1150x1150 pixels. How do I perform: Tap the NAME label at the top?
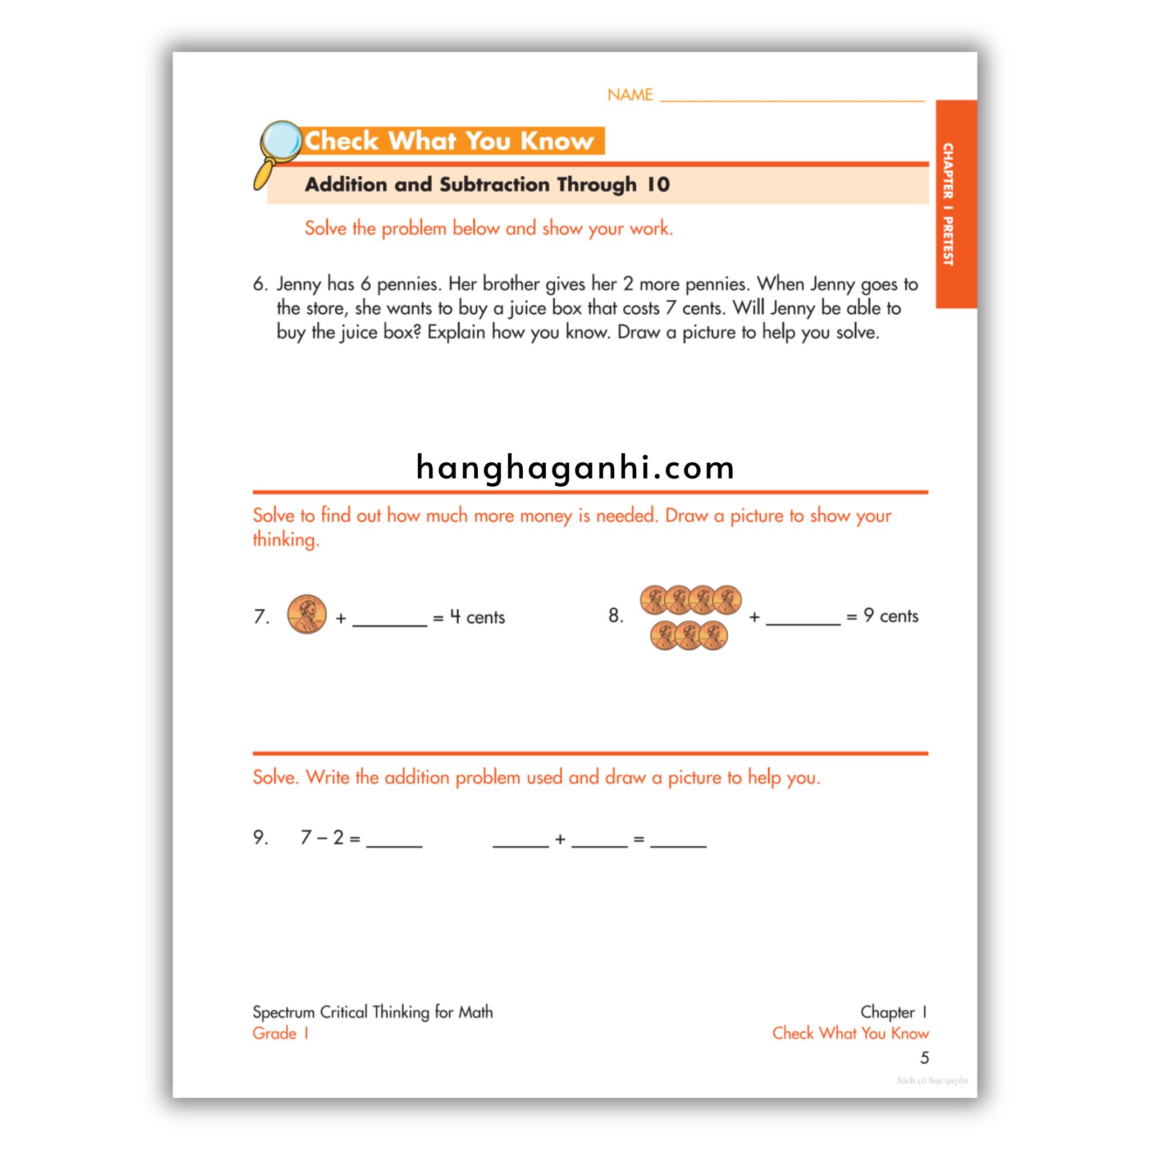click(x=630, y=95)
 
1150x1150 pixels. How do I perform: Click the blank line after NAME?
click(x=792, y=97)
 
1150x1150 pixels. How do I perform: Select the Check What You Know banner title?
click(x=449, y=141)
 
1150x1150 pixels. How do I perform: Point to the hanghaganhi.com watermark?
click(x=575, y=467)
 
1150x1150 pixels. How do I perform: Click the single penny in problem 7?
click(x=307, y=614)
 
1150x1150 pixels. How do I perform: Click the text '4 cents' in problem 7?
click(x=477, y=617)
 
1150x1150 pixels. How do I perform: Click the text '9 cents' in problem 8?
click(x=891, y=615)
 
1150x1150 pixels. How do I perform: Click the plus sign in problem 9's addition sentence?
click(x=559, y=839)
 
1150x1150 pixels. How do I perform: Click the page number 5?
click(x=924, y=1058)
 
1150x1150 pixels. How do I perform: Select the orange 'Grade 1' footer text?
click(x=280, y=1033)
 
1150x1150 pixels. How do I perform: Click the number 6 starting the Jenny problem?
click(x=259, y=284)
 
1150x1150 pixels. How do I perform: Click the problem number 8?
click(x=615, y=615)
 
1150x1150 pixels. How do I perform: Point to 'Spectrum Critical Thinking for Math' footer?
click(x=373, y=1012)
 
